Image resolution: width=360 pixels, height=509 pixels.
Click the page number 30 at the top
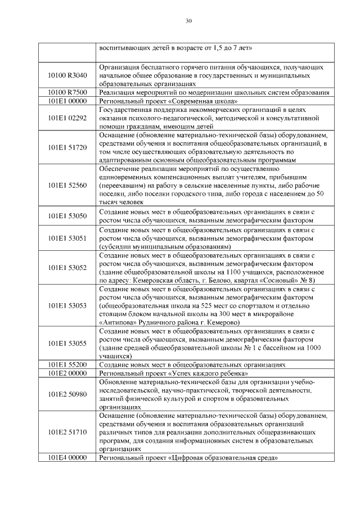click(x=188, y=21)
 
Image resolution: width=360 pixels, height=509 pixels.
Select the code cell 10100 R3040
click(x=67, y=75)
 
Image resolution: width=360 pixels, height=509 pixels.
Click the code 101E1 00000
click(x=67, y=101)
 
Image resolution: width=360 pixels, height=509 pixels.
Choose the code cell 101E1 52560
click(x=67, y=185)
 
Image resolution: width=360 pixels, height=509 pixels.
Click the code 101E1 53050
click(x=67, y=215)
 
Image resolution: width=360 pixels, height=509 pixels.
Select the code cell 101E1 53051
click(x=67, y=238)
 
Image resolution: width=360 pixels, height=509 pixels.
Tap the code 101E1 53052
click(x=67, y=268)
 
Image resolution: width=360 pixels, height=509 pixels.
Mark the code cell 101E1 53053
click(x=67, y=305)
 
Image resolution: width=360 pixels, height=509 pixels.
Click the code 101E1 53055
click(x=67, y=343)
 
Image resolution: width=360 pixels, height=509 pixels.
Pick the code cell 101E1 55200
click(x=67, y=364)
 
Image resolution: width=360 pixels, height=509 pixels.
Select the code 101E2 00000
click(x=67, y=373)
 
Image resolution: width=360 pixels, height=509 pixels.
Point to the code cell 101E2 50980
click(x=67, y=394)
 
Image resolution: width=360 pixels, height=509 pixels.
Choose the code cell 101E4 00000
click(x=67, y=458)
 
